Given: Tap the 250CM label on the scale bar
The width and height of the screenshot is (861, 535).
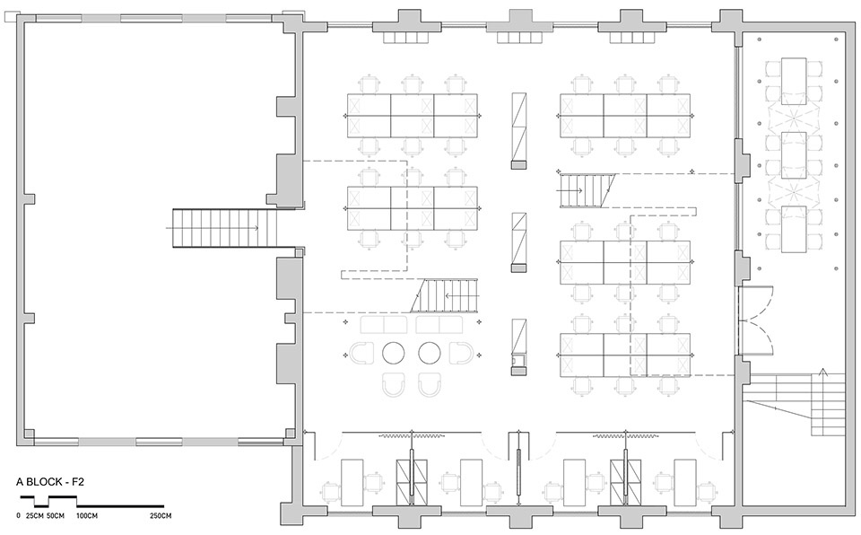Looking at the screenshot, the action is click(x=161, y=516).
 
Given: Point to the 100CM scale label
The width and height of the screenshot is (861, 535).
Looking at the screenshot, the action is click(x=87, y=516).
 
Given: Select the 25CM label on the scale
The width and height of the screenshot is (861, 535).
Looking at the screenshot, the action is click(x=34, y=516).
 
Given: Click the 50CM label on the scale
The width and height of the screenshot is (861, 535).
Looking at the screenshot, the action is click(x=55, y=516).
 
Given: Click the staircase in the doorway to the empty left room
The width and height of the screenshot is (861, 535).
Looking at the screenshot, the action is click(x=223, y=228).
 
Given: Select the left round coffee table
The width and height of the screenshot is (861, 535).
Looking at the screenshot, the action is click(x=393, y=353).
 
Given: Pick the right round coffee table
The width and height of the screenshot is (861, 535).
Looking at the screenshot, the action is click(x=430, y=353).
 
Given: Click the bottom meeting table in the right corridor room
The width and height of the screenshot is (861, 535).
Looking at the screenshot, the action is click(x=794, y=229).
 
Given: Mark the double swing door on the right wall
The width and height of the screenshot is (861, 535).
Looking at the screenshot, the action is click(x=756, y=320).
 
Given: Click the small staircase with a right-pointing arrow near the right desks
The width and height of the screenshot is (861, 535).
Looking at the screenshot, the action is click(x=587, y=191).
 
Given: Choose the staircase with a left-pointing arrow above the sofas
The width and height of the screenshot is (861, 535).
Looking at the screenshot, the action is click(x=445, y=295).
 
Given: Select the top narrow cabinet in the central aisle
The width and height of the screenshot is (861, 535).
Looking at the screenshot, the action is click(x=519, y=130).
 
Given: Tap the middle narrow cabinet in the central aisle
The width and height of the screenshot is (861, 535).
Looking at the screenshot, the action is click(x=519, y=242).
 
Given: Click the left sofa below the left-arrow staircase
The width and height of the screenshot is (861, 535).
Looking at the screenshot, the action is click(x=383, y=324).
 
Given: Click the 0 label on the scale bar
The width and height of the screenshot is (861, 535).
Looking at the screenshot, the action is click(x=19, y=516).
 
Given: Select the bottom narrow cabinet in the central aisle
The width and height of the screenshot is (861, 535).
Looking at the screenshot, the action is click(x=519, y=347).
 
